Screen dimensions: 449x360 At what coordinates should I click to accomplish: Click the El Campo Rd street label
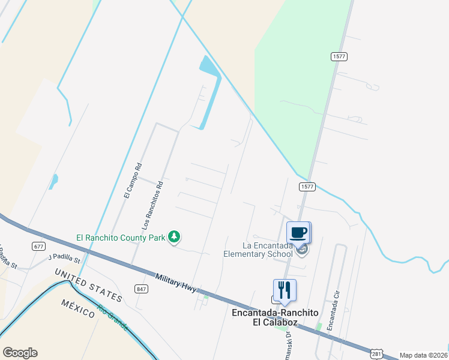point(133,181)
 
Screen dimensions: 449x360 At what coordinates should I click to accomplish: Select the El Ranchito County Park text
point(121,238)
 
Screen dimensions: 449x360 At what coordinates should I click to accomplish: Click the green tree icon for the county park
point(174,238)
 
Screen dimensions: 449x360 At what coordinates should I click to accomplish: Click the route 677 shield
point(39,246)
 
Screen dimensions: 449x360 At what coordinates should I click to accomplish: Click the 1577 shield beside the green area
point(339,56)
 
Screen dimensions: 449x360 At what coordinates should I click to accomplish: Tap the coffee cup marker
point(298,232)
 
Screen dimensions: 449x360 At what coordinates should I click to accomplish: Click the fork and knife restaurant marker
point(285,290)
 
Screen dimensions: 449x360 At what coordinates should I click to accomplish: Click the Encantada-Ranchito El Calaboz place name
point(273,317)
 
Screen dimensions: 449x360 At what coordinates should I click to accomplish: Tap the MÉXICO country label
point(77,308)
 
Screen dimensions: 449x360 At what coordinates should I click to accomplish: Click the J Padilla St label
point(64,259)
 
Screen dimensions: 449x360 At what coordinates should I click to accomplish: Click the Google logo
point(20,353)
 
